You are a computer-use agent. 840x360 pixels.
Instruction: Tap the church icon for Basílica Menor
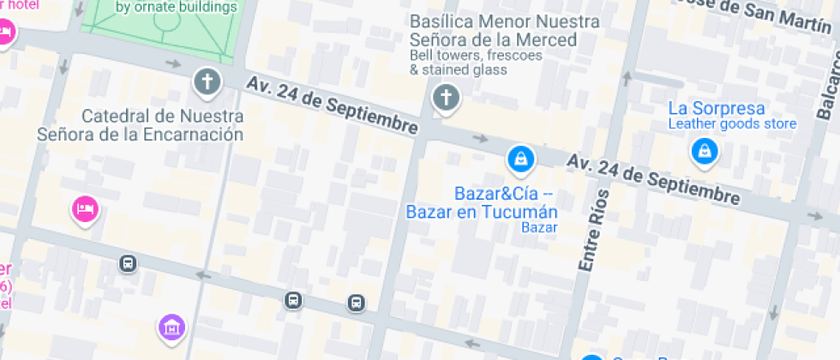tap(445, 97)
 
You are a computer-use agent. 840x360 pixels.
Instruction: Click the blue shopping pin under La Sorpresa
tap(704, 152)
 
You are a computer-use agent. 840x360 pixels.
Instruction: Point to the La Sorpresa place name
tap(716, 109)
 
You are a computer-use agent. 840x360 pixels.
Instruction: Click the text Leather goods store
tap(732, 124)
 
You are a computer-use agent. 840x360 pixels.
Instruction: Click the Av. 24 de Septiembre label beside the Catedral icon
tap(332, 105)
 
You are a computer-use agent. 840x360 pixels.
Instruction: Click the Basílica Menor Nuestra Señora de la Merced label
tap(493, 30)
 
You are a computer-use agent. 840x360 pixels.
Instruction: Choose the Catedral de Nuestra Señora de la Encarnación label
tap(141, 125)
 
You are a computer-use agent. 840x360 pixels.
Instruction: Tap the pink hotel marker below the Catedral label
tap(85, 207)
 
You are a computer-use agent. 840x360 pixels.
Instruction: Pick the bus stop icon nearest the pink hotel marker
tap(129, 263)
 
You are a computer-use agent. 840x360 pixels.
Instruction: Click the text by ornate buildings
tap(176, 8)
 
